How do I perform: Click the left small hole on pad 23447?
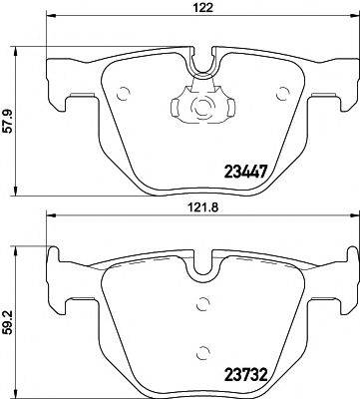[123, 95]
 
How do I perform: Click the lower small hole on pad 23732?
[203, 351]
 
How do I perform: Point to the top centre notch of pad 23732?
[203, 267]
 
